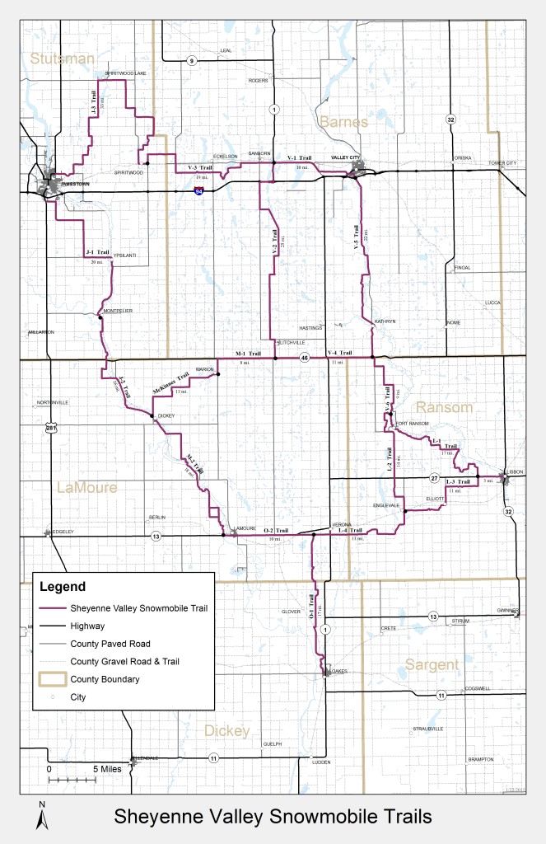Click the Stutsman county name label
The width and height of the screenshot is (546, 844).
pyautogui.click(x=63, y=59)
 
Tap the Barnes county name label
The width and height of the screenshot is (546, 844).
pyautogui.click(x=344, y=121)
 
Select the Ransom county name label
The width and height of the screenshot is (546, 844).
pyautogui.click(x=444, y=408)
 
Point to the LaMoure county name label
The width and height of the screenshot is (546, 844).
pyautogui.click(x=86, y=488)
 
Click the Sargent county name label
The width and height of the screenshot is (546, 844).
pyautogui.click(x=432, y=664)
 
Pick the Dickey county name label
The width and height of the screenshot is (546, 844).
pyautogui.click(x=227, y=731)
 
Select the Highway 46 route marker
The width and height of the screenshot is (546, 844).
pyautogui.click(x=304, y=359)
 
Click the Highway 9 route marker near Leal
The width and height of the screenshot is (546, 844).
pyautogui.click(x=191, y=60)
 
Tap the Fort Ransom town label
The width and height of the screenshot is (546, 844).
pyautogui.click(x=413, y=424)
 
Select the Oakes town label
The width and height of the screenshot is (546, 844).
pyautogui.click(x=339, y=671)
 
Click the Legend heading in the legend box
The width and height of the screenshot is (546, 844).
pyautogui.click(x=62, y=588)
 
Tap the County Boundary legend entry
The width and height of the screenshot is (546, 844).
pyautogui.click(x=105, y=679)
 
